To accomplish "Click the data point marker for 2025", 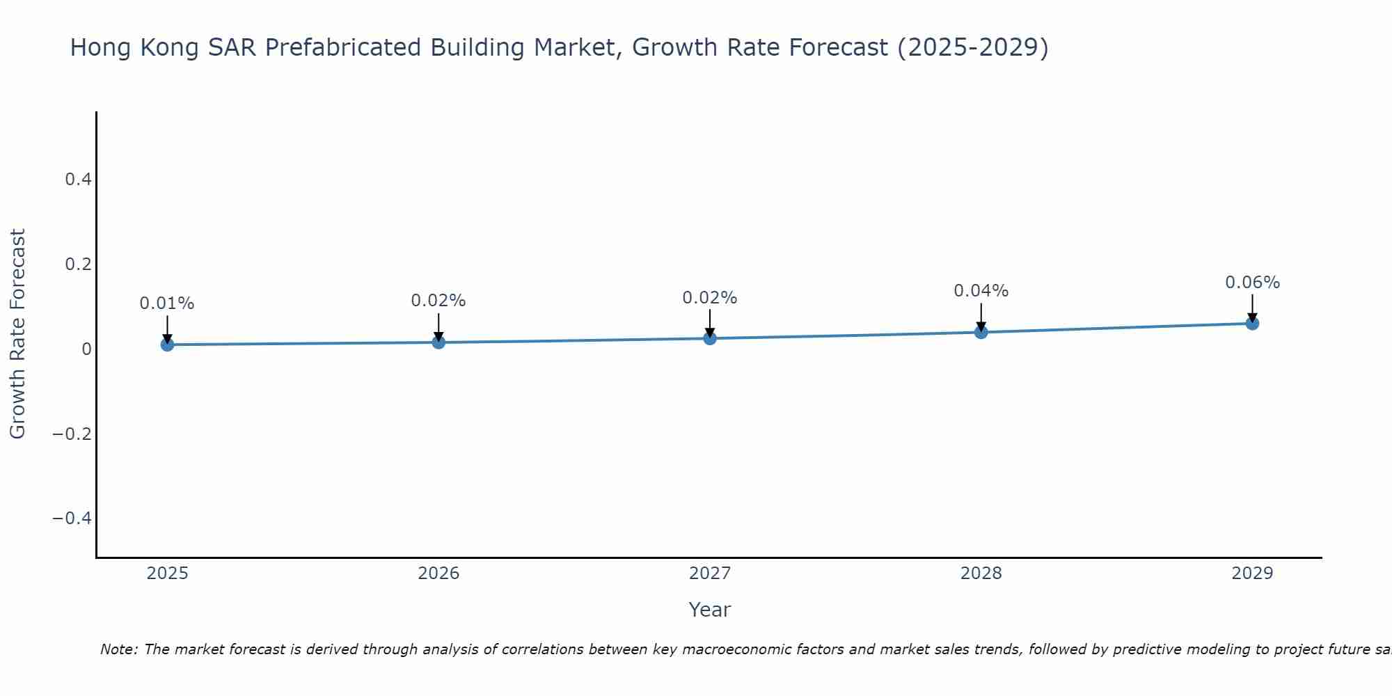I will (x=167, y=345).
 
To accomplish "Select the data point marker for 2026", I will (x=438, y=342).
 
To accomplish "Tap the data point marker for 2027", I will (x=710, y=338).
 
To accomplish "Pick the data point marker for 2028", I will (x=981, y=332).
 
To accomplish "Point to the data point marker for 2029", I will (x=1252, y=323).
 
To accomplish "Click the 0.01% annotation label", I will (x=167, y=303).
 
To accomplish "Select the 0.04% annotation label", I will (x=981, y=291).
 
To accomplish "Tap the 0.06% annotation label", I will (x=1252, y=283).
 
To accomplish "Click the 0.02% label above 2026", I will (x=438, y=301).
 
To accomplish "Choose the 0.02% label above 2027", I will (x=710, y=298).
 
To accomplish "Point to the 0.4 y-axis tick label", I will (x=78, y=180).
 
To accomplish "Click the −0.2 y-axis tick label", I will (x=72, y=434).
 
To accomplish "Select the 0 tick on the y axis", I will (x=86, y=349).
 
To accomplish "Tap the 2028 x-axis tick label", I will (x=981, y=574).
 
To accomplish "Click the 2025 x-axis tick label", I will (x=167, y=574).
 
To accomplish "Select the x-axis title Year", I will (x=709, y=610).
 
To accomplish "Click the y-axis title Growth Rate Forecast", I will (x=17, y=334).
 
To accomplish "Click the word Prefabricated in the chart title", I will (x=344, y=47).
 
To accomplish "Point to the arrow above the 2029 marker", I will (x=1252, y=306).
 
